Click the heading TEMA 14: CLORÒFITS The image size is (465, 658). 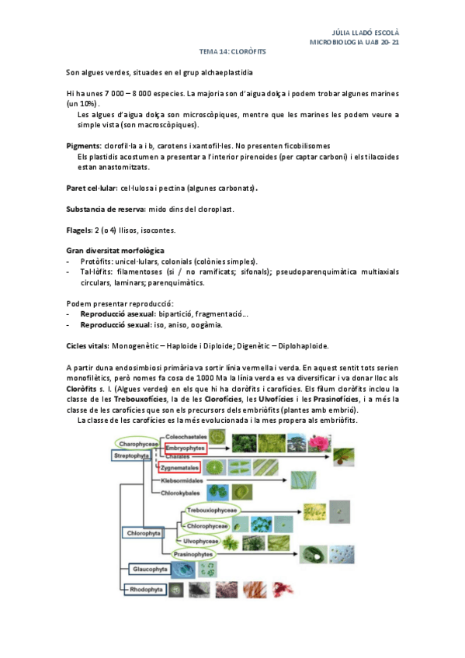232,51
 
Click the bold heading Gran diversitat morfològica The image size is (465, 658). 114,251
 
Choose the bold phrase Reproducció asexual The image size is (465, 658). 118,313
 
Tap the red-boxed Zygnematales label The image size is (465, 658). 179,468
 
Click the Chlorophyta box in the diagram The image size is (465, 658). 144,534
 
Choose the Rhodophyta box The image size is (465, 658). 147,590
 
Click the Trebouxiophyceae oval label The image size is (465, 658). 216,511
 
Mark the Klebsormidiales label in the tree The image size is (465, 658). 183,481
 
